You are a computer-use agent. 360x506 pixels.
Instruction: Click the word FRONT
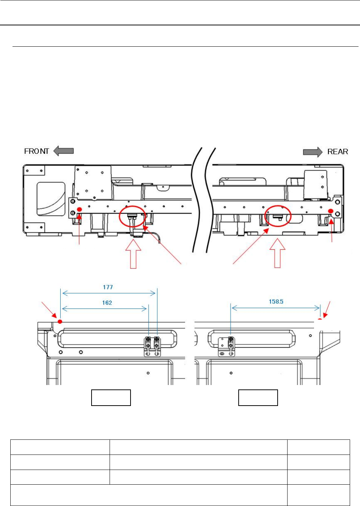(36, 151)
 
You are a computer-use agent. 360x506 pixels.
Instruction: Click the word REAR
(338, 152)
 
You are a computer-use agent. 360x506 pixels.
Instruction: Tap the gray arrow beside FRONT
(64, 151)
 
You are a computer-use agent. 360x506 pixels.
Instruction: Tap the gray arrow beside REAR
(313, 152)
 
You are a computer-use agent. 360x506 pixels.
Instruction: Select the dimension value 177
(108, 287)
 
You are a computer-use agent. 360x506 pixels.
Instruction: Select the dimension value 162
(107, 303)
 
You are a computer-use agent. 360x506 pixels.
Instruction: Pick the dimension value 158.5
(276, 302)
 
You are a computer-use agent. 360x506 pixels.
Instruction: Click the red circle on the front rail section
(132, 217)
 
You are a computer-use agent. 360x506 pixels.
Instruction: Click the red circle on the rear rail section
(278, 215)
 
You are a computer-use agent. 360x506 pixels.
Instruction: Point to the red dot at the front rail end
(79, 209)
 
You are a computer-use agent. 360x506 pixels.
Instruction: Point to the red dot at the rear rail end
(331, 211)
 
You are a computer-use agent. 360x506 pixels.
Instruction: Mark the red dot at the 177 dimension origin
(60, 322)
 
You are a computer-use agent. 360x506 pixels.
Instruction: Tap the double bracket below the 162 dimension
(152, 346)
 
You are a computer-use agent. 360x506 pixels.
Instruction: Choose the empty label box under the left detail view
(111, 398)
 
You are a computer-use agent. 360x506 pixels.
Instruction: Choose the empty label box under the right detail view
(258, 398)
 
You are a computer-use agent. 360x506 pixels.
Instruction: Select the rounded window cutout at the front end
(51, 199)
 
